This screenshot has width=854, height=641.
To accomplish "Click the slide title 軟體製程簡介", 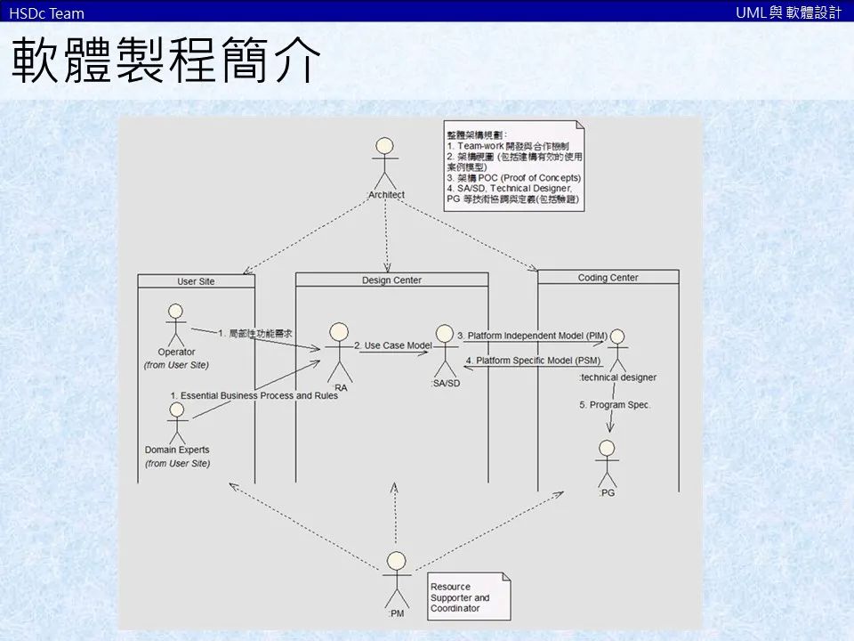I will tap(165, 61).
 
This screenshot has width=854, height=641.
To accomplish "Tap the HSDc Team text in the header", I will tap(46, 12).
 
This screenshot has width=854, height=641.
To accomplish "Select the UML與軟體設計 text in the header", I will tap(788, 12).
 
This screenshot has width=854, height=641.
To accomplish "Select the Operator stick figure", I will tap(175, 326).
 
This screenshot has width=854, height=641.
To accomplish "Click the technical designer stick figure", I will tap(616, 351).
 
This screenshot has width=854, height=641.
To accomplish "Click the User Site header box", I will tap(196, 281).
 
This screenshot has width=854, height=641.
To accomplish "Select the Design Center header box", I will tap(391, 280).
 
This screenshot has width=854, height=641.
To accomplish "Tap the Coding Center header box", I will tap(608, 278).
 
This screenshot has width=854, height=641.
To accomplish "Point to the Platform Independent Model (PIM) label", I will tap(532, 336).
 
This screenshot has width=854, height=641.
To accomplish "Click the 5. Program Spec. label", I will tap(615, 405).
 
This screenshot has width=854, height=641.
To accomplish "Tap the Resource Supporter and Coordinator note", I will tap(464, 597).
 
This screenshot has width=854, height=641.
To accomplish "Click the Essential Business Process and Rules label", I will tap(254, 395).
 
